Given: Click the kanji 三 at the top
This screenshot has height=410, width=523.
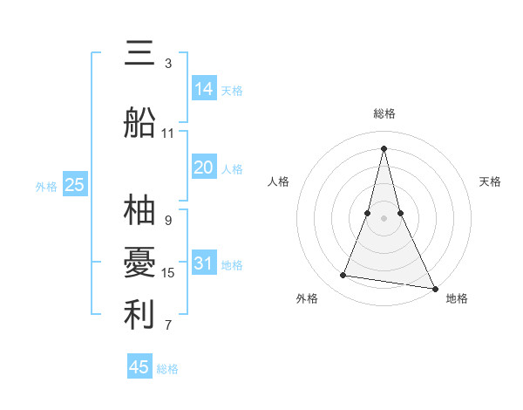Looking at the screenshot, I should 140,54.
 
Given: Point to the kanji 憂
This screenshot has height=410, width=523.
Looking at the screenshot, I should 140,262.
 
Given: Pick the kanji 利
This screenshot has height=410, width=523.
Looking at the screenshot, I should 140,315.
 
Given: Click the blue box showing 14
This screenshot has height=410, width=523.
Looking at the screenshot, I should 204,88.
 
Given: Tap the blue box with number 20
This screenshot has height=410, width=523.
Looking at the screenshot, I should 204,167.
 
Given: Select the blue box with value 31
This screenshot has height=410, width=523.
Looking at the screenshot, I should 204,263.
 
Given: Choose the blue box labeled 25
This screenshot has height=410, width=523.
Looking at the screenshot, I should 75,184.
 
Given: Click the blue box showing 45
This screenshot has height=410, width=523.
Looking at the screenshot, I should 139,367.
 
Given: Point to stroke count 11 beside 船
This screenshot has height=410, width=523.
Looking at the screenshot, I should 168,133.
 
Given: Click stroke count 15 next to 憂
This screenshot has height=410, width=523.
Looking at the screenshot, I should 168,273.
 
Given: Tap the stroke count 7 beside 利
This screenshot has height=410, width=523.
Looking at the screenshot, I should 168,326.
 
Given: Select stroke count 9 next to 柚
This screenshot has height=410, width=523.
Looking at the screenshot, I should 168,221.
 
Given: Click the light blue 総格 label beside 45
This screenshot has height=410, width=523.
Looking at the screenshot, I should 167,369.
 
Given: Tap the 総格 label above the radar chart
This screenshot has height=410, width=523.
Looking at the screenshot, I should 384,113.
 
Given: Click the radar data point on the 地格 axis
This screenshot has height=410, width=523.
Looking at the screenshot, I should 435,288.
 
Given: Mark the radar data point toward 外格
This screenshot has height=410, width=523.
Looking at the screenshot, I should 343,276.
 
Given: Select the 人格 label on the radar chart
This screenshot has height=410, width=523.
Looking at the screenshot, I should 278,181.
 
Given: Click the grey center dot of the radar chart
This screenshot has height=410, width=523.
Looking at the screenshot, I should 384,217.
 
